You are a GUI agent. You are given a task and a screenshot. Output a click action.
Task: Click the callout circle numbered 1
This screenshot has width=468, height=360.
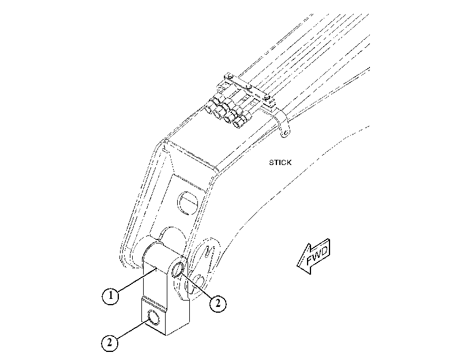click(x=111, y=296)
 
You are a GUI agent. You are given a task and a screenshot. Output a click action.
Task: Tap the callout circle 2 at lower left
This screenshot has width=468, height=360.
click(x=110, y=343)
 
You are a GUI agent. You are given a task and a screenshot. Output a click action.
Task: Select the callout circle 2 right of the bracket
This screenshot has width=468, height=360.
click(x=218, y=304)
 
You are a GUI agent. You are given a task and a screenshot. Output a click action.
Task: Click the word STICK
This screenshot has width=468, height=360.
click(x=280, y=163)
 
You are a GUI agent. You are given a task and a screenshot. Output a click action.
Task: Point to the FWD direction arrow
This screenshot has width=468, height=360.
click(x=313, y=256)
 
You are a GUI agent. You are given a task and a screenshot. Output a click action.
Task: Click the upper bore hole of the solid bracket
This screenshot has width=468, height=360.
click(x=178, y=269)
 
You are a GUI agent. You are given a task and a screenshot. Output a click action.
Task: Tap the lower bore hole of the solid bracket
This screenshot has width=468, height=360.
click(x=153, y=317)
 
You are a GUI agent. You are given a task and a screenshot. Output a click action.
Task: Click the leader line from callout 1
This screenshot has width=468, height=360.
click(x=137, y=279)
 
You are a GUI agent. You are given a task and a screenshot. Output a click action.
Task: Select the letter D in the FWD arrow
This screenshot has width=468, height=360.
click(x=324, y=251)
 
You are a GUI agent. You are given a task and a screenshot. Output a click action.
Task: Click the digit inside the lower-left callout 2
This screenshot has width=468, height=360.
click(x=110, y=343)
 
